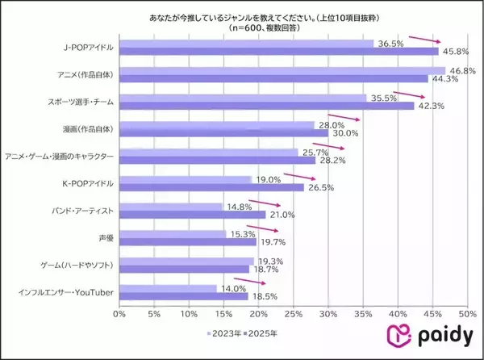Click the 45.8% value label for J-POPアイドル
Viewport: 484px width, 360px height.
455,51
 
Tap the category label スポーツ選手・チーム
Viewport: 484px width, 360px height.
80,102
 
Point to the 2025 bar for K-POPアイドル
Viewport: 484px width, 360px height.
211,187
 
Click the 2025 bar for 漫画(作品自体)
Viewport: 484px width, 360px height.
223,133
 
